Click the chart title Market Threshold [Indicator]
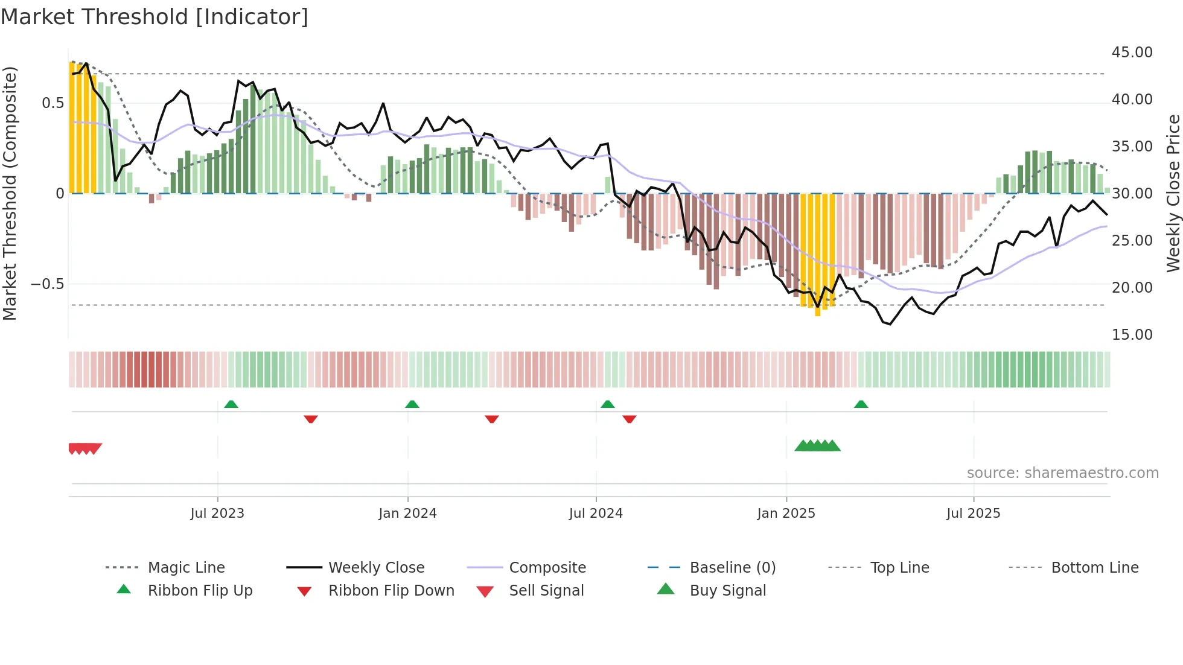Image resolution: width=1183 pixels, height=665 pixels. [155, 17]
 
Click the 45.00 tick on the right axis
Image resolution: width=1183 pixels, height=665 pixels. [1132, 52]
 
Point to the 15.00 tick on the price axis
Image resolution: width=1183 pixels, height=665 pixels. [1132, 335]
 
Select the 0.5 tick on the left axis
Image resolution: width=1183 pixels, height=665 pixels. [53, 103]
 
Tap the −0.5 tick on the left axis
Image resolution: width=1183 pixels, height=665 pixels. [47, 284]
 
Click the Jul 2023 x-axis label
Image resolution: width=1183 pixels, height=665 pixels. [217, 514]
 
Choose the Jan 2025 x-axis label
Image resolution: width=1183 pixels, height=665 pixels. [786, 514]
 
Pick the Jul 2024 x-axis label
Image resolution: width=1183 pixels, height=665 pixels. [596, 514]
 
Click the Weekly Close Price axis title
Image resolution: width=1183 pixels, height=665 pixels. [1172, 193]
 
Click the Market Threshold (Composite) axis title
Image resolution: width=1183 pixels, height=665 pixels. [10, 193]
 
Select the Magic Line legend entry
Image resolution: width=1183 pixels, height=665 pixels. [186, 568]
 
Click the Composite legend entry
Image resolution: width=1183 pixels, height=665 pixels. [547, 568]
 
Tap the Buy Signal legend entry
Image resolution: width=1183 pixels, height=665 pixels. [727, 591]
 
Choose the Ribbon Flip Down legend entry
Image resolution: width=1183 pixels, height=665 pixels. [391, 591]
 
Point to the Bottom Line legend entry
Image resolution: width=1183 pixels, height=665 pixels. [1094, 568]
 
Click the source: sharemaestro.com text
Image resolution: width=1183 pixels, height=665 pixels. [1062, 473]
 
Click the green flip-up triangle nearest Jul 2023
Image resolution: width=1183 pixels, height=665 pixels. [231, 404]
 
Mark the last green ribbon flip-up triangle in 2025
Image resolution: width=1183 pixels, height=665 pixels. [861, 404]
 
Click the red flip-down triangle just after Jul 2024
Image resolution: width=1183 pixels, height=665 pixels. [630, 419]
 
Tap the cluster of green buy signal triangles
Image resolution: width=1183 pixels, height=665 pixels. [817, 446]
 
